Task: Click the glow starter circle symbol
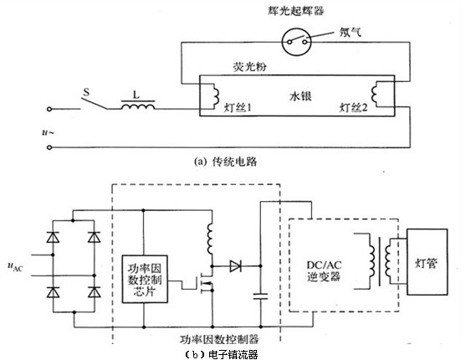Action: pos(296,42)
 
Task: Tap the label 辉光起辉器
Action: pos(296,11)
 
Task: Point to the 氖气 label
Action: pos(351,32)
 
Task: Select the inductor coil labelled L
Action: pos(138,105)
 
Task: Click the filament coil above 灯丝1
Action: pos(215,95)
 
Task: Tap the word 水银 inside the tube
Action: pos(300,96)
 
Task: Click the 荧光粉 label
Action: pos(249,67)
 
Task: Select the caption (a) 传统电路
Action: pos(225,162)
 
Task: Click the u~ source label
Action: pos(48,132)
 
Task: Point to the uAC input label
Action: pos(15,266)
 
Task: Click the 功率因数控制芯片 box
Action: pos(145,279)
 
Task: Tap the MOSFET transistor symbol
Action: pos(206,282)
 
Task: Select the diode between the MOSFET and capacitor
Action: pos(236,266)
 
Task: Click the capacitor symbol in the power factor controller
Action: pos(260,296)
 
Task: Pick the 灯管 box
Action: pos(427,262)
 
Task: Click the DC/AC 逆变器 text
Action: pos(324,270)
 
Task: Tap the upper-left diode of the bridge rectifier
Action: pos(53,238)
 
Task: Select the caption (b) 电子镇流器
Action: pos(222,355)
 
